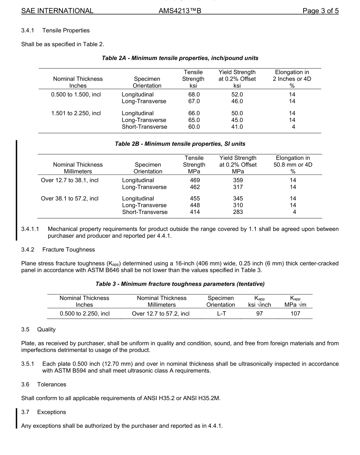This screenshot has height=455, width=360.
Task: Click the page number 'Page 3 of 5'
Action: click(x=320, y=11)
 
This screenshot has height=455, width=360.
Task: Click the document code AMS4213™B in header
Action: click(x=180, y=11)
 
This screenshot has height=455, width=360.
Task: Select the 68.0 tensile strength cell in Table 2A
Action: click(x=194, y=94)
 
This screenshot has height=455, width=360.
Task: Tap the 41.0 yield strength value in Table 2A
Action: click(x=237, y=127)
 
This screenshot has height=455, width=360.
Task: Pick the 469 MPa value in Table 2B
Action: click(x=194, y=180)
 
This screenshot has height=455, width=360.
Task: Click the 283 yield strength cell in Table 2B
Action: click(x=238, y=212)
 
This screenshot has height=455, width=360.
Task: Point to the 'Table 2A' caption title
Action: click(x=180, y=58)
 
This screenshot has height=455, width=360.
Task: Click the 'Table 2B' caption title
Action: click(x=180, y=144)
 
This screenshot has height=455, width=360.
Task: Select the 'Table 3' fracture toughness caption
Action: click(x=180, y=284)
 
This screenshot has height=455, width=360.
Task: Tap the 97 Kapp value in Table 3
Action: click(x=259, y=313)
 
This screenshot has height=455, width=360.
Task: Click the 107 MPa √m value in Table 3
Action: click(x=295, y=313)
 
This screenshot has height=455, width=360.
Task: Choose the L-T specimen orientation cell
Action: click(x=221, y=313)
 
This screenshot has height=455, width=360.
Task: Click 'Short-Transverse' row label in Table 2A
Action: click(x=144, y=127)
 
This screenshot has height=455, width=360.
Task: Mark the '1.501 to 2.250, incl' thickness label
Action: click(x=76, y=113)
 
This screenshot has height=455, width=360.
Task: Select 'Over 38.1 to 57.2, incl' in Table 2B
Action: click(x=70, y=198)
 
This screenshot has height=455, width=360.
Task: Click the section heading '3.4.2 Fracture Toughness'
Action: click(x=58, y=249)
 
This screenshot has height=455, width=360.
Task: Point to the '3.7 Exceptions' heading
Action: click(x=44, y=412)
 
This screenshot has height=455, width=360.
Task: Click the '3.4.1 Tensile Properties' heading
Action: click(x=55, y=30)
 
